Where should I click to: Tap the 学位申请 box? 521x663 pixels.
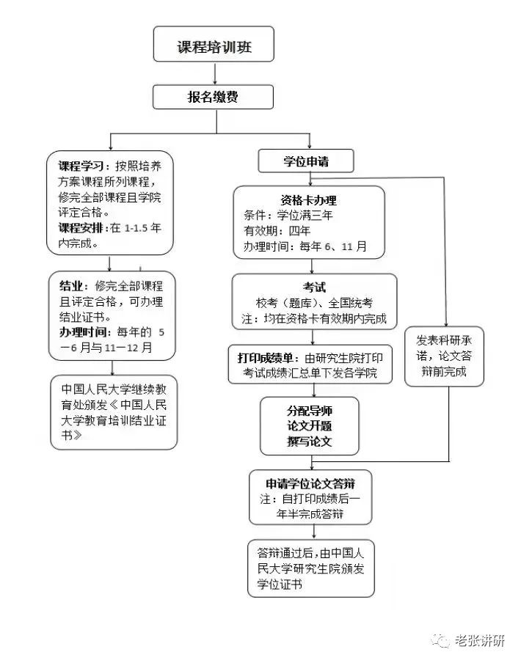[306, 161]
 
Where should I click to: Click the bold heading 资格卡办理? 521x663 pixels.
[308, 199]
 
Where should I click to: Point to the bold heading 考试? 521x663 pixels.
[313, 287]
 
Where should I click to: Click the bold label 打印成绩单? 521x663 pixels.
[266, 358]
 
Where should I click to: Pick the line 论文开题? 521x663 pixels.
[309, 425]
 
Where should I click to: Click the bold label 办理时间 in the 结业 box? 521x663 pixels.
[82, 332]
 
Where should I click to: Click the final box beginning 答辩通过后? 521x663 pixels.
[311, 568]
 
